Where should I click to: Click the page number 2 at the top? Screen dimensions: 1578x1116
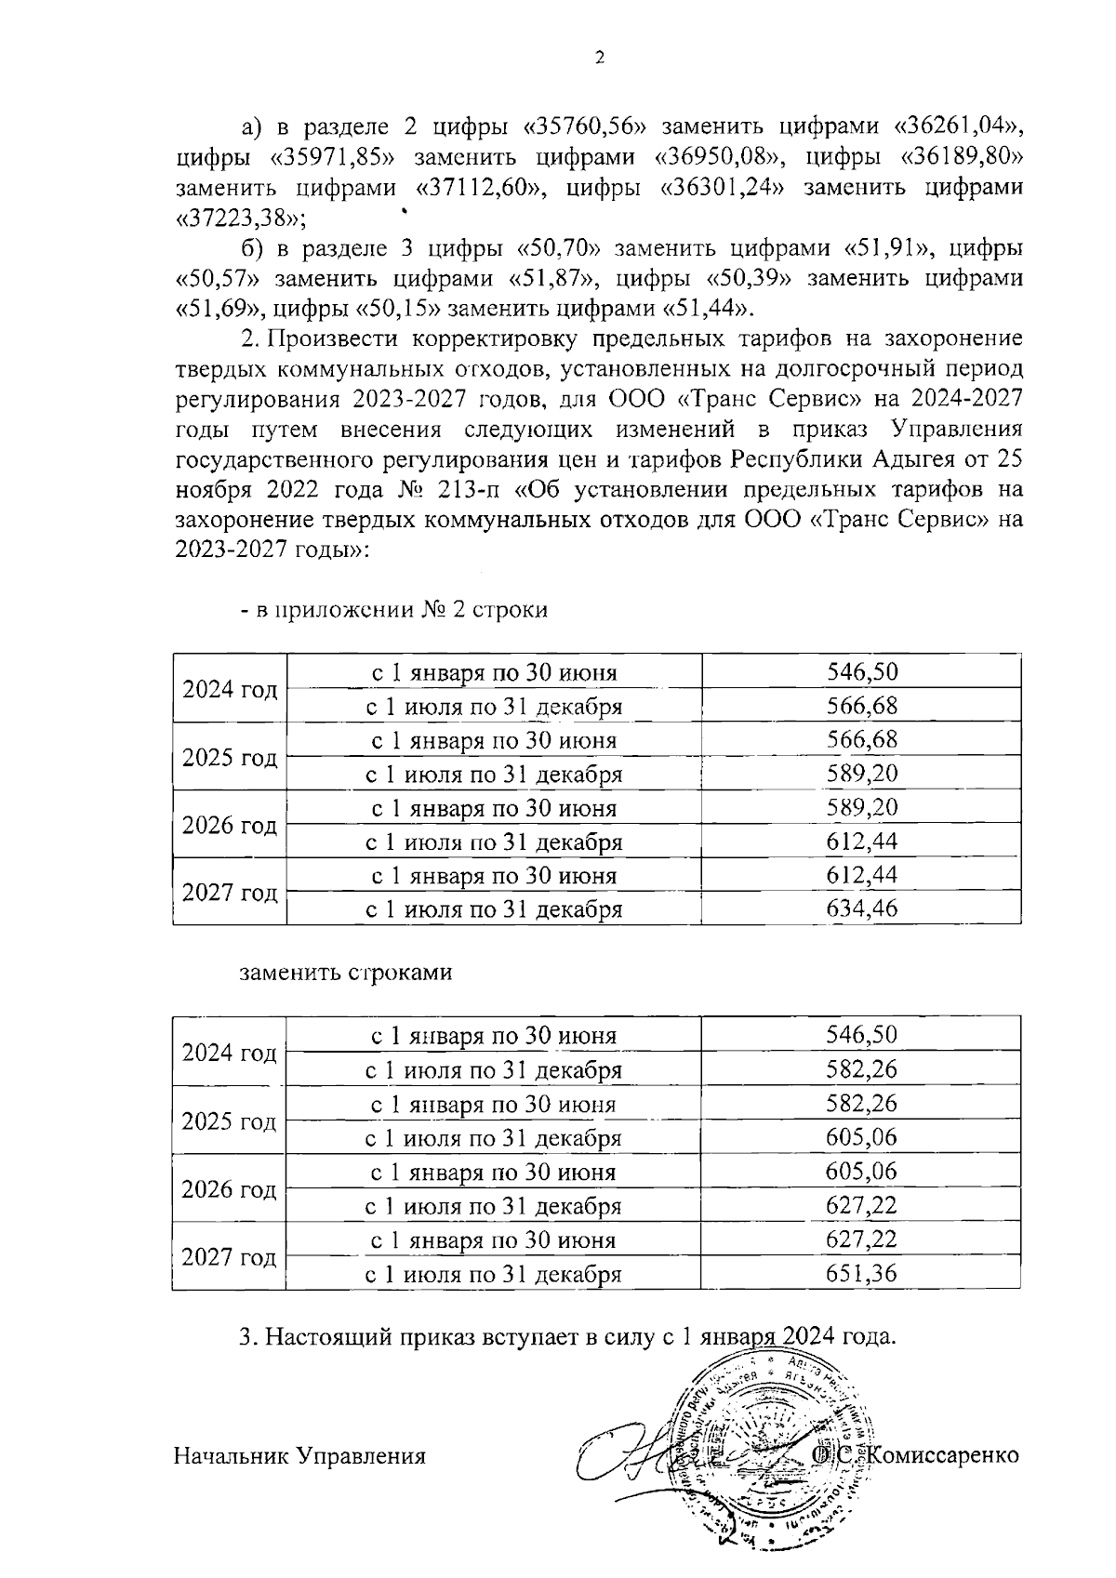(600, 58)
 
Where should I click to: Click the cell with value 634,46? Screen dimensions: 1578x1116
(861, 908)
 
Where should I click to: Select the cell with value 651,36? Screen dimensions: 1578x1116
(861, 1273)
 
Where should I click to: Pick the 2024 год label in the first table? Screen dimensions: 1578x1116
(230, 689)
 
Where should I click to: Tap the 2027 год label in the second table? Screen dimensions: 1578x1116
(230, 1257)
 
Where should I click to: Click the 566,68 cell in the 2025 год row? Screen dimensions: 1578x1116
(861, 740)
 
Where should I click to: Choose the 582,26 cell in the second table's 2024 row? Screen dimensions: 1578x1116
(861, 1069)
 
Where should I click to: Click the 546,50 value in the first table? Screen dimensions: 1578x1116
(861, 672)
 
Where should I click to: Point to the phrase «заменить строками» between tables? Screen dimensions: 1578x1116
(346, 973)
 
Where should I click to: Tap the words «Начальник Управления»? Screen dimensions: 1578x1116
(299, 1455)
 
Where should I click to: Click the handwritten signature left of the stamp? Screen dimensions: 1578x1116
(642, 1455)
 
